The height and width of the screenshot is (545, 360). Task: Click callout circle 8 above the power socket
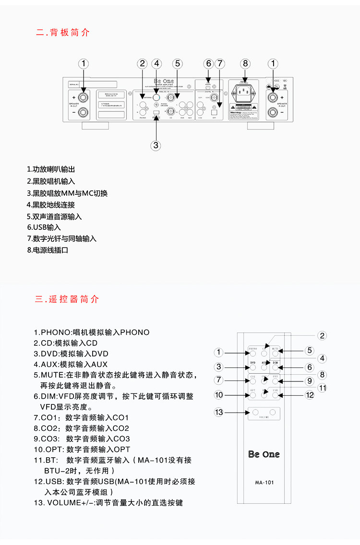[x=245, y=63]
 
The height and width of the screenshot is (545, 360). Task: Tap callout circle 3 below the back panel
[x=156, y=145]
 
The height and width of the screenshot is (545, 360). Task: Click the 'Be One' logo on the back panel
[x=163, y=81]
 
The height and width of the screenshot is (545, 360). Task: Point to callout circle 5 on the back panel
[x=177, y=63]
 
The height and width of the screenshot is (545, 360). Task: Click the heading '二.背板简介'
[x=62, y=33]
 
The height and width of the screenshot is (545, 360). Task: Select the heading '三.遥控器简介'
[x=67, y=299]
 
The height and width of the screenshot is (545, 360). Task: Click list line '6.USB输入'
[x=44, y=227]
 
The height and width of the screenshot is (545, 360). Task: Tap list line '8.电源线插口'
[x=48, y=250]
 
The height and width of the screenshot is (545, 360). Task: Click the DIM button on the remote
[x=276, y=367]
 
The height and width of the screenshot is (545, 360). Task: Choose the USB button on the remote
[x=276, y=395]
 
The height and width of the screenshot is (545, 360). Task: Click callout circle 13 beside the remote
[x=219, y=412]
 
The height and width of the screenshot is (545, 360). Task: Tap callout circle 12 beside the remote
[x=310, y=395]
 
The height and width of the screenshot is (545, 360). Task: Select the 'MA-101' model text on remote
[x=264, y=482]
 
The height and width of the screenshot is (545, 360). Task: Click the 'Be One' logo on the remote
[x=264, y=454]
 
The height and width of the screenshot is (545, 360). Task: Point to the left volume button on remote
[x=255, y=412]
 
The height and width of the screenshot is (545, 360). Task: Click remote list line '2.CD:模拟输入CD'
[x=65, y=343]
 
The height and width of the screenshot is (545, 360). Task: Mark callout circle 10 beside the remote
[x=219, y=395]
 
